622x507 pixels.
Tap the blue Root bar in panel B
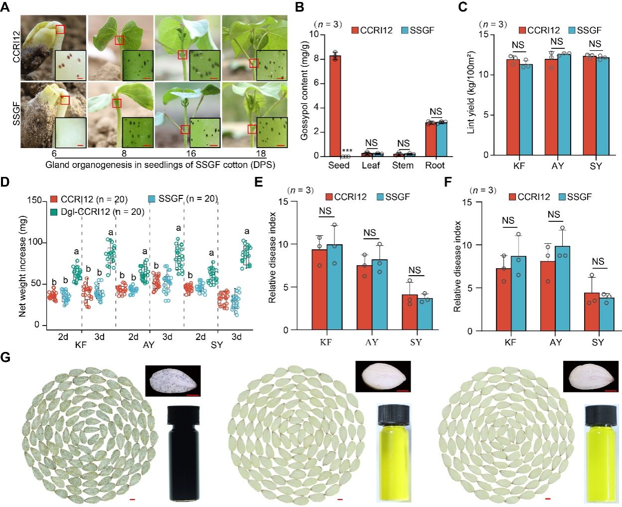point(442,139)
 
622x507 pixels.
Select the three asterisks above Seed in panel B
point(347,151)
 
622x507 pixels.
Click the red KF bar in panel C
point(513,107)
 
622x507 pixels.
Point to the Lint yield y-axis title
point(471,92)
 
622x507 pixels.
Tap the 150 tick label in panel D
point(34,200)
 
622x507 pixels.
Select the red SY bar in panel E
point(410,312)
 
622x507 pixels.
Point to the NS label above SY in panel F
point(598,262)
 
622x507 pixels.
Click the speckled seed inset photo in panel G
point(172,381)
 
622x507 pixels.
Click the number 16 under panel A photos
point(190,154)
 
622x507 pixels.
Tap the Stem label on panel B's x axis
point(402,166)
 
